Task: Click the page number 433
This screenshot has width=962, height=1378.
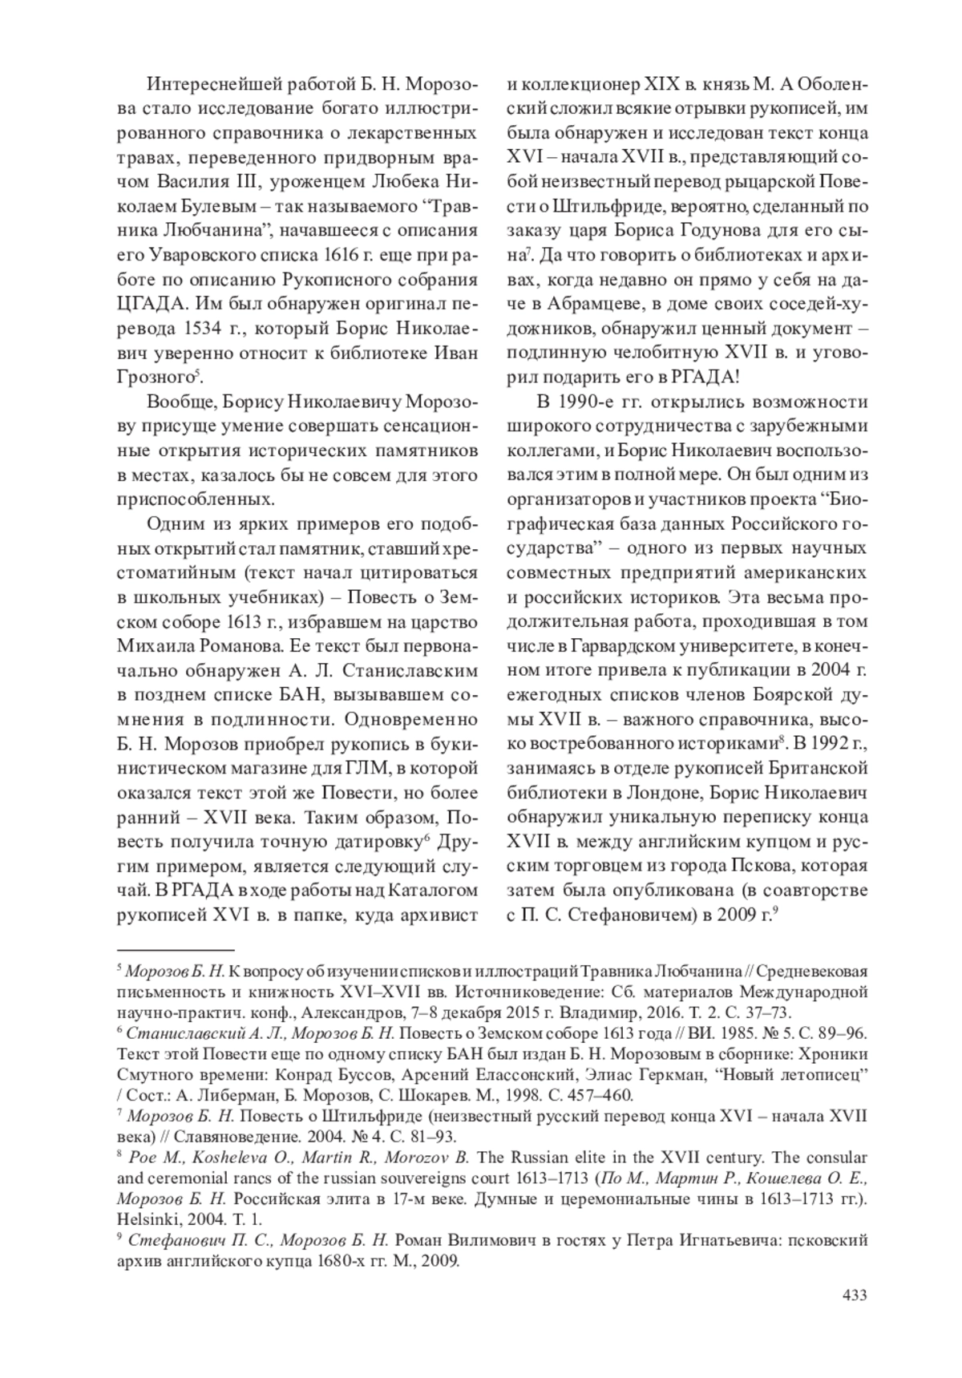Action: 854,1295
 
